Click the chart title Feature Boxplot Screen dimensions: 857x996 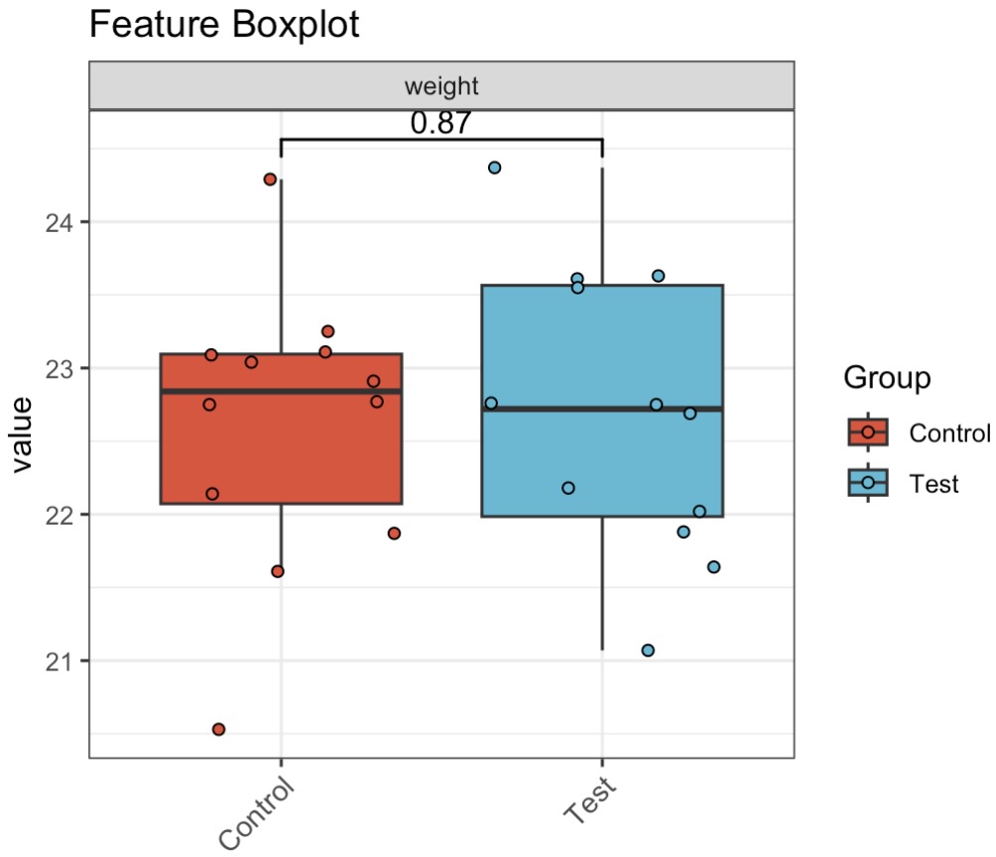[224, 25]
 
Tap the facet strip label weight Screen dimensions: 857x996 [441, 86]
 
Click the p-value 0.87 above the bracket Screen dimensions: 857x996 [440, 123]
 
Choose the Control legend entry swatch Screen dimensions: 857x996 [868, 432]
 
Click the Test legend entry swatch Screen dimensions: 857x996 [868, 483]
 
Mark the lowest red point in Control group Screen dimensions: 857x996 [219, 729]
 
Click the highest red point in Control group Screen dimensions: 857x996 [270, 180]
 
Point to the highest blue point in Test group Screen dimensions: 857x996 [494, 168]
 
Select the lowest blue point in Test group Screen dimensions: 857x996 [648, 651]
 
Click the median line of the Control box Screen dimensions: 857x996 [282, 391]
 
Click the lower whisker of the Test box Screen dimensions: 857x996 [602, 585]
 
